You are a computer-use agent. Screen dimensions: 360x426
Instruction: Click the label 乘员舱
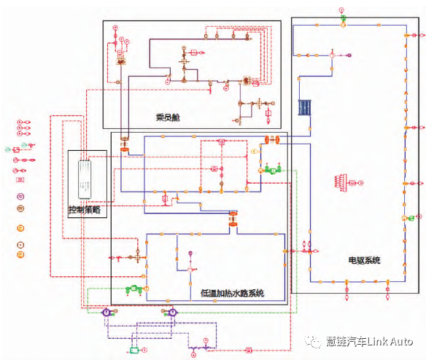[x=167, y=117]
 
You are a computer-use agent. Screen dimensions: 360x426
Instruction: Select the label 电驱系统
[x=365, y=260]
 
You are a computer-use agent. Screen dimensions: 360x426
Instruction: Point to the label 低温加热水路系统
[x=232, y=294]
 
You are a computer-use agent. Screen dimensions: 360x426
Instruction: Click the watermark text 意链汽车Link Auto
[x=369, y=341]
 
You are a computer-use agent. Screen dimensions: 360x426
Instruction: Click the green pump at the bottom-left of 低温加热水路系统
[x=133, y=289]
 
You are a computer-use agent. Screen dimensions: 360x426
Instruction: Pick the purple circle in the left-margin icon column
[x=21, y=195]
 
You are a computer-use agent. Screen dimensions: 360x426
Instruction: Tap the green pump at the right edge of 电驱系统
[x=412, y=217]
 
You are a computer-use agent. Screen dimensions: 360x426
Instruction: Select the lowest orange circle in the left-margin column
[x=21, y=254]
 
